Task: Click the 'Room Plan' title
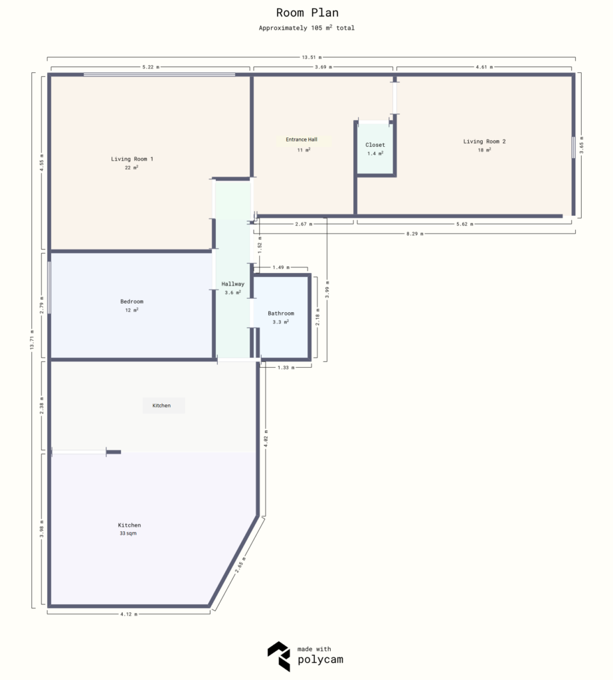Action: (306, 13)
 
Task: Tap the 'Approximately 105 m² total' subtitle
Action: (306, 28)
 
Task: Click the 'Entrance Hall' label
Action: (302, 140)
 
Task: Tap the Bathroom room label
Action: (281, 313)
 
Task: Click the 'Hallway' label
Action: (232, 284)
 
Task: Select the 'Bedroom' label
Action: (131, 301)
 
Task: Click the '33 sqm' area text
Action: (128, 533)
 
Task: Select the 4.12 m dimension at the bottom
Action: (129, 614)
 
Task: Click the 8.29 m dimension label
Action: (414, 234)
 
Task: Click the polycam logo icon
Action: (278, 656)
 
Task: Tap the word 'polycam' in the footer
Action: (321, 660)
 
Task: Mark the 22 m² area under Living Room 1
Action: (131, 168)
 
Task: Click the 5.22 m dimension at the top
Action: (151, 67)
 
